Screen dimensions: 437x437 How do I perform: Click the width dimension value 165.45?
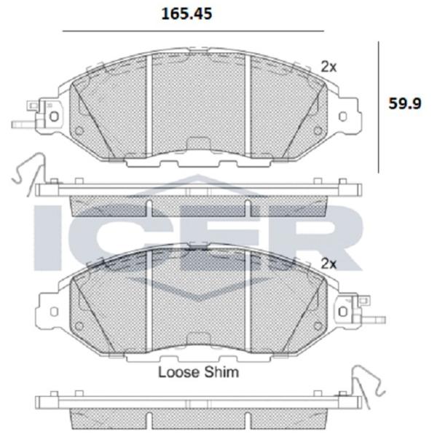point(186,14)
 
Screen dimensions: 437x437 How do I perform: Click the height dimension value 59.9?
point(405,103)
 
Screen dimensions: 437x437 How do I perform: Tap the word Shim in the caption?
point(221,372)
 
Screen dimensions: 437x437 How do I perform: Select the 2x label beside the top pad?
point(329,67)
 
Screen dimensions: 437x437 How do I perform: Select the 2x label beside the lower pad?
point(329,264)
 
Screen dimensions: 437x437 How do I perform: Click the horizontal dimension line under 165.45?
point(193,31)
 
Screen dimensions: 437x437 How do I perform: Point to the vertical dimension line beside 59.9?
point(378,107)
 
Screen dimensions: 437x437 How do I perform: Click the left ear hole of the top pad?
point(54,117)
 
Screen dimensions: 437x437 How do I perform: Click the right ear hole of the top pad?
point(343,117)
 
